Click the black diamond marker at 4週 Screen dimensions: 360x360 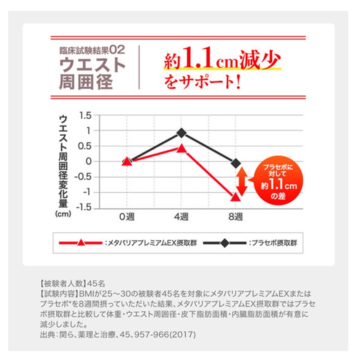tap(181, 133)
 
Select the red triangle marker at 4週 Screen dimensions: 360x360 tap(181, 148)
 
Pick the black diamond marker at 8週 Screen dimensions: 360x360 tap(235, 163)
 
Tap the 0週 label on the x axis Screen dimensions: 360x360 tap(127, 217)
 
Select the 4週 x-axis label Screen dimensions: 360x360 tap(181, 217)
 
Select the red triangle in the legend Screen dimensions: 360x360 tap(81, 243)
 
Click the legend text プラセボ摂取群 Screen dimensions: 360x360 tap(274, 243)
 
